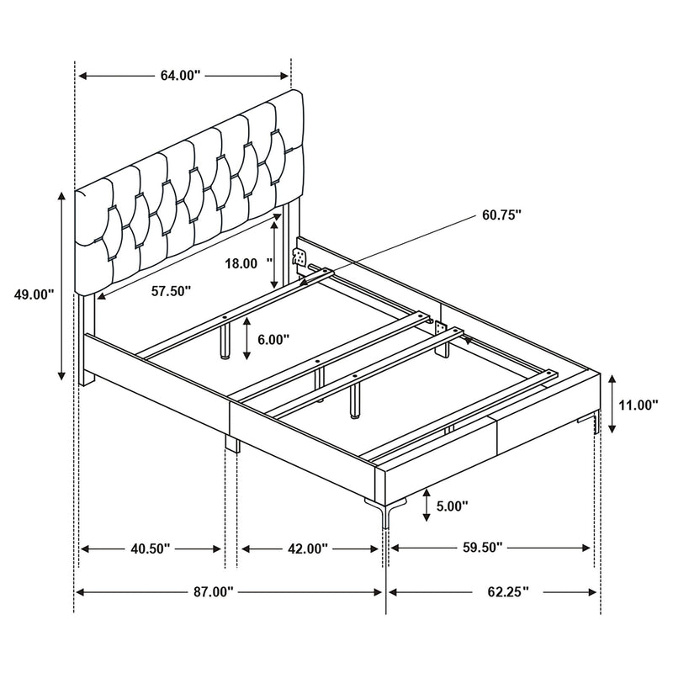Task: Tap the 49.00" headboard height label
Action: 34,294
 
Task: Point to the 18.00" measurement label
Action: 244,263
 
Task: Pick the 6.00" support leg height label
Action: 273,339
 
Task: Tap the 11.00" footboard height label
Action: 637,405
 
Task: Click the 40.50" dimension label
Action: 151,548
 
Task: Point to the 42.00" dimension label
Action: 307,548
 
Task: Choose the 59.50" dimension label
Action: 481,548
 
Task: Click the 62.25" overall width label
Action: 506,592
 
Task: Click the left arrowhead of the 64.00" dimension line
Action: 82,76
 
